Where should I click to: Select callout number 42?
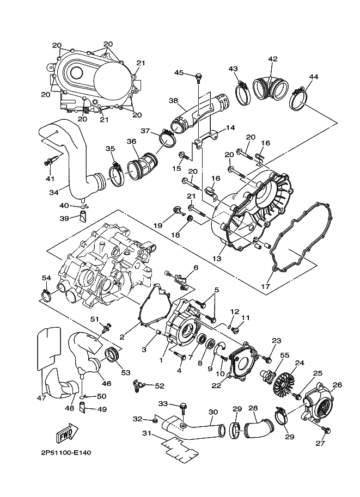272,59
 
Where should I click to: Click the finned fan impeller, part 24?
285,381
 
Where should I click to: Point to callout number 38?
174,101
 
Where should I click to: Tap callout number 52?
158,385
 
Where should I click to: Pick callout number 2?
122,338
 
